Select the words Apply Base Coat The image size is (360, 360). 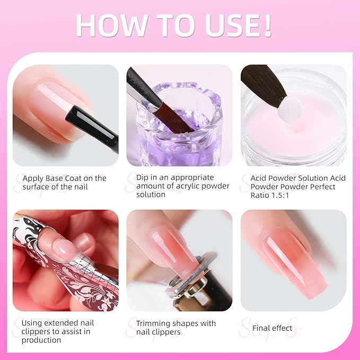52,178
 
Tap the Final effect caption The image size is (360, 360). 272,328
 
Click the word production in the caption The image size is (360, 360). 41,340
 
